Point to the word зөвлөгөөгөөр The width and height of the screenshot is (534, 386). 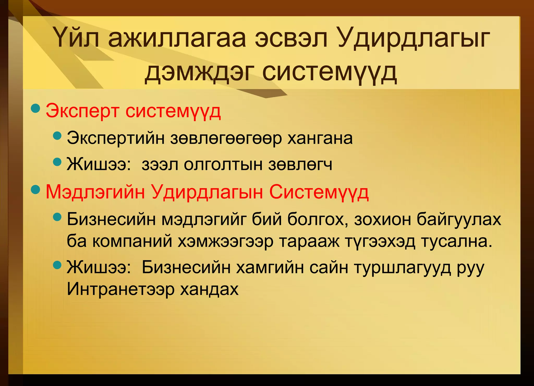point(226,139)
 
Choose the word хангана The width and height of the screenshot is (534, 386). point(320,138)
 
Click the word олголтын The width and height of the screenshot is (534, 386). point(223,165)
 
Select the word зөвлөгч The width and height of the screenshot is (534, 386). point(300,165)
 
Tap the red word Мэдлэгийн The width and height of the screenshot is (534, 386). point(95,192)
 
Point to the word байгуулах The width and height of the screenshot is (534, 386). point(459,219)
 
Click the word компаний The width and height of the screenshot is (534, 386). point(132,241)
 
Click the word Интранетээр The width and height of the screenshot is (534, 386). point(121,289)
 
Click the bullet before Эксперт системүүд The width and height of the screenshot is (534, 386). point(35,108)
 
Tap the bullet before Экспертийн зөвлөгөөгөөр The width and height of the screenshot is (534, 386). point(57,135)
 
